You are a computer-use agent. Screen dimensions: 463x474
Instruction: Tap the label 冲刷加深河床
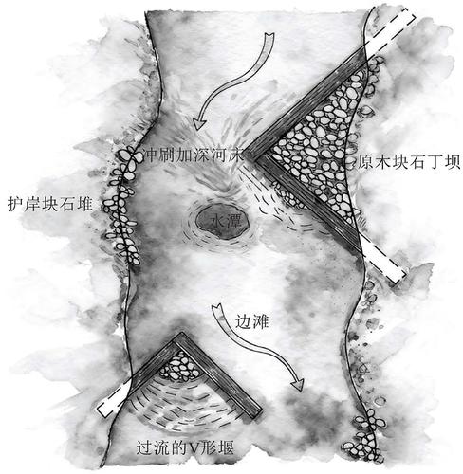[193, 155]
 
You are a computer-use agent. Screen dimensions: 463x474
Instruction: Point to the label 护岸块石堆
[50, 204]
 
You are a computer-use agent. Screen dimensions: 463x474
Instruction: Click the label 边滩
[251, 322]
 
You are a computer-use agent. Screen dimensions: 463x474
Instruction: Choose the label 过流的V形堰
[185, 447]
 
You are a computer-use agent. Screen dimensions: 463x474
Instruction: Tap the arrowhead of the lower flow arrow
[297, 383]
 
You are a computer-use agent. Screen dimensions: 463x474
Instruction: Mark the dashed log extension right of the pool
[383, 261]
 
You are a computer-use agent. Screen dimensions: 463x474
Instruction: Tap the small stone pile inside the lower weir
[179, 366]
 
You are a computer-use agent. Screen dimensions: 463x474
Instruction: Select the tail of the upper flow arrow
[270, 35]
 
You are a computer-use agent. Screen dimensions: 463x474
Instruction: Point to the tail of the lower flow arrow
[217, 307]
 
